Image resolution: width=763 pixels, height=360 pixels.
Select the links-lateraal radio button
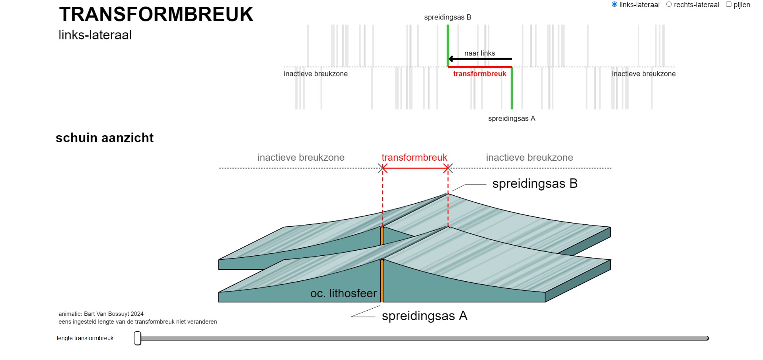coord(614,4)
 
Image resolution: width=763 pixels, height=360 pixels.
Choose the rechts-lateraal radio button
coord(669,4)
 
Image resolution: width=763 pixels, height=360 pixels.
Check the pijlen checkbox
coord(728,4)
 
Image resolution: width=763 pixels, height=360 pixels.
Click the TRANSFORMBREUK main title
coord(156,15)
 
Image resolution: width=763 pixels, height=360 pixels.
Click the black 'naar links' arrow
coord(480,59)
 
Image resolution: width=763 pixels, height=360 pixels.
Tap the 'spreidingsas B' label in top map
coord(448,18)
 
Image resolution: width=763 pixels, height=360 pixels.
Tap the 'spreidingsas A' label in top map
coord(512,119)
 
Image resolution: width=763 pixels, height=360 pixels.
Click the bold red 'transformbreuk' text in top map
coord(479,74)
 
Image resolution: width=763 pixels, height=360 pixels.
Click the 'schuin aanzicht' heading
coord(105,138)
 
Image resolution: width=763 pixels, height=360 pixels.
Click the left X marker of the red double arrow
coord(383,168)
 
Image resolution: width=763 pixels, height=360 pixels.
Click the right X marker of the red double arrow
coord(448,168)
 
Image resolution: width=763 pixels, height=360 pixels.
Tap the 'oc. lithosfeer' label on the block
coord(343,294)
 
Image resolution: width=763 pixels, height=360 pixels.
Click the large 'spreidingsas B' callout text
coord(535,184)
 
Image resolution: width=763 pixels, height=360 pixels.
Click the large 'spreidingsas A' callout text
coord(424,316)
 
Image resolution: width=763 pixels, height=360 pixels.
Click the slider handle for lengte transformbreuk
coord(138,338)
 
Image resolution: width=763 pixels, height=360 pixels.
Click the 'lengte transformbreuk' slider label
coord(85,338)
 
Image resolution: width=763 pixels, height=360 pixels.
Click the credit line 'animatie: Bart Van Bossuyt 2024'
coord(101,314)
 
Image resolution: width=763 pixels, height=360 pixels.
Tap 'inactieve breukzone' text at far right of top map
coord(643,74)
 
